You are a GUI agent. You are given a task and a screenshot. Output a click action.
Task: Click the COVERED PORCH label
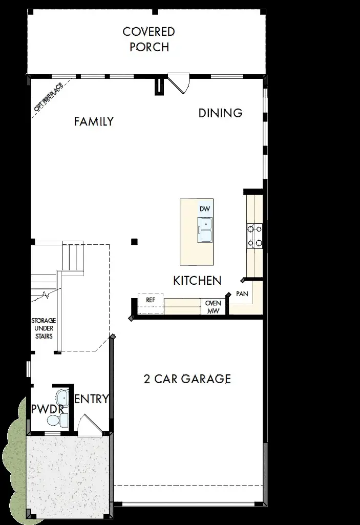[149, 39]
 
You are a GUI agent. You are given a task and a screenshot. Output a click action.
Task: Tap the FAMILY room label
[94, 121]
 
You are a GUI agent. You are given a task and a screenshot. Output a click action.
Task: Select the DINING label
[220, 113]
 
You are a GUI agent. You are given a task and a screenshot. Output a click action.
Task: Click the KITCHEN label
[197, 281]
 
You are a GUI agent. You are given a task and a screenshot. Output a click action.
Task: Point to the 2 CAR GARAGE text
[187, 379]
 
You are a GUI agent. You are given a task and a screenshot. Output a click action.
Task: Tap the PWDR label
[47, 409]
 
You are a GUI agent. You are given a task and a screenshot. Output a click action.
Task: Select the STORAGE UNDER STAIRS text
[44, 328]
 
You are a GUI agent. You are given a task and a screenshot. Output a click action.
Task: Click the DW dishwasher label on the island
[205, 209]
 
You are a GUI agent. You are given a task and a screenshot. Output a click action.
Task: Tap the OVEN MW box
[213, 306]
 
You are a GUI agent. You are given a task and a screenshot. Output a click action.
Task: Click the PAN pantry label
[242, 295]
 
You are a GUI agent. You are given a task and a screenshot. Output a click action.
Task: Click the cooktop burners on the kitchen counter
[255, 236]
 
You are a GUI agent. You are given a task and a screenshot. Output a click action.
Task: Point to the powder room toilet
[55, 421]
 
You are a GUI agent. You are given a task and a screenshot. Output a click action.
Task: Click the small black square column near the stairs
[134, 241]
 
